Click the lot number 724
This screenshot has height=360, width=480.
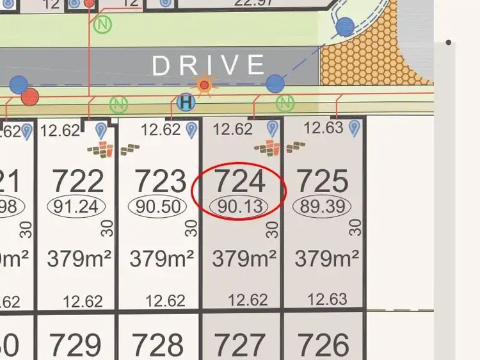click(240, 181)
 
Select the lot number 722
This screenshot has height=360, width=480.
click(78, 181)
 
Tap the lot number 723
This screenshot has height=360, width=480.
click(160, 181)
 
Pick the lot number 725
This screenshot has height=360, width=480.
click(323, 181)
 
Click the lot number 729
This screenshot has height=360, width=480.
click(76, 345)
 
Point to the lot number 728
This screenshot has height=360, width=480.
click(159, 345)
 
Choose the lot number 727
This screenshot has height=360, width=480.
click(240, 345)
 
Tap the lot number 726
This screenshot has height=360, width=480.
click(323, 345)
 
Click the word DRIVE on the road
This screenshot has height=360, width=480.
click(209, 65)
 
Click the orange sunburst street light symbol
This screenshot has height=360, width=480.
click(204, 85)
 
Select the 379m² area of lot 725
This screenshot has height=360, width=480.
click(326, 259)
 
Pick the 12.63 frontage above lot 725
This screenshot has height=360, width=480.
click(323, 128)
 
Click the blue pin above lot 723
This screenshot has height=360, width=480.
click(191, 130)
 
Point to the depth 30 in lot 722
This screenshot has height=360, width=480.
click(107, 227)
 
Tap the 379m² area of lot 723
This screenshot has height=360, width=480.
click(162, 259)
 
